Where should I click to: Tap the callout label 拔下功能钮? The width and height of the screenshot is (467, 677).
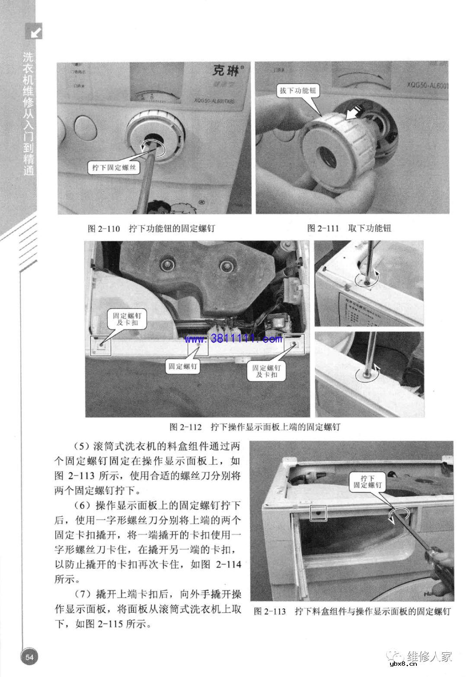click(297, 90)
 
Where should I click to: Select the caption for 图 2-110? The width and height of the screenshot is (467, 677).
click(151, 229)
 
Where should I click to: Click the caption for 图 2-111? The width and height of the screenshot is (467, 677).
click(349, 228)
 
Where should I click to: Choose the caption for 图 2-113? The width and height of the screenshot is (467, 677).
click(352, 612)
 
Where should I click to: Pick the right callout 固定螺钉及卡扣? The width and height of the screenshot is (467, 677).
click(267, 371)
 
